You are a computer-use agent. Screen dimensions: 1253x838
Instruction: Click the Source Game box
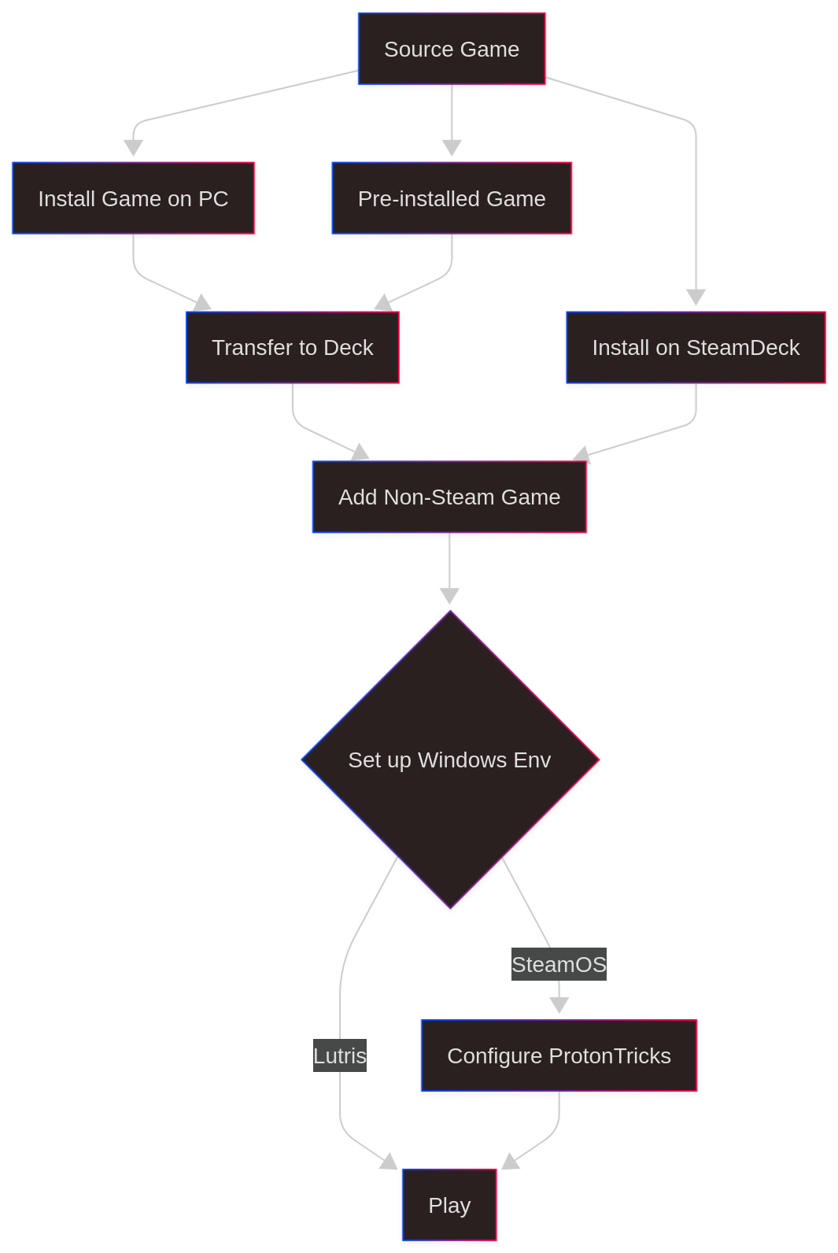pyautogui.click(x=452, y=49)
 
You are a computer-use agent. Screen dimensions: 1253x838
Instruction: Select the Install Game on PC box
pyautogui.click(x=133, y=198)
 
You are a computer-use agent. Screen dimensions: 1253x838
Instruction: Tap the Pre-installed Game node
pyautogui.click(x=452, y=198)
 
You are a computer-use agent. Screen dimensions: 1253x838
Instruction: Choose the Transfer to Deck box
pyautogui.click(x=292, y=347)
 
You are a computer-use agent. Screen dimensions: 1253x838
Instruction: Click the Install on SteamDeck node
pyautogui.click(x=696, y=347)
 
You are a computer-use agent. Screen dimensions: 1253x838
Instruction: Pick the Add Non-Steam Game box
pyautogui.click(x=449, y=497)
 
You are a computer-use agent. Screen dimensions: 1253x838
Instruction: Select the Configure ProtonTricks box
pyautogui.click(x=559, y=1055)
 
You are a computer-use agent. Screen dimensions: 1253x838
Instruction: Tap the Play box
pyautogui.click(x=449, y=1205)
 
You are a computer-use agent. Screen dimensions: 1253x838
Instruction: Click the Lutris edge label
pyautogui.click(x=340, y=1055)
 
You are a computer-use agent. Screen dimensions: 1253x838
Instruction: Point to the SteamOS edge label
pyautogui.click(x=559, y=964)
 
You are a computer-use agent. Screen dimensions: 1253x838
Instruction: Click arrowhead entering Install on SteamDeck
pyautogui.click(x=696, y=298)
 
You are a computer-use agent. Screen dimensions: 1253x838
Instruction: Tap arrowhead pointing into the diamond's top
pyautogui.click(x=450, y=596)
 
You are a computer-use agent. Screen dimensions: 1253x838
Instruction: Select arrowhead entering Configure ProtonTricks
pyautogui.click(x=559, y=1005)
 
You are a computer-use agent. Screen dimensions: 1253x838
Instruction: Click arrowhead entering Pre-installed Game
pyautogui.click(x=452, y=148)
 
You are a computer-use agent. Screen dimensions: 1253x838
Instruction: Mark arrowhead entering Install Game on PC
pyautogui.click(x=134, y=148)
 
